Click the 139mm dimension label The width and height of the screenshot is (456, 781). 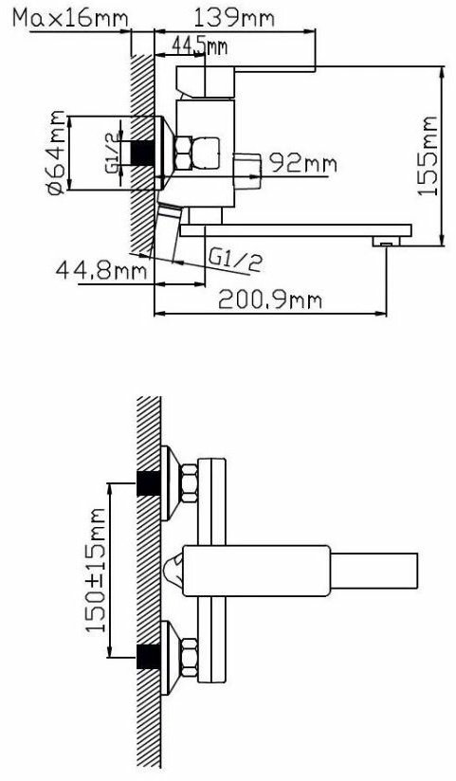pyautogui.click(x=233, y=18)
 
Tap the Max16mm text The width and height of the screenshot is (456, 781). pyautogui.click(x=70, y=18)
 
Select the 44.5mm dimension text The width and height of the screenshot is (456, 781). pyautogui.click(x=199, y=45)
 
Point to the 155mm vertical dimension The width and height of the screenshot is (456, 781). pyautogui.click(x=428, y=155)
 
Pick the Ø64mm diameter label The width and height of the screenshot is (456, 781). pyautogui.click(x=56, y=153)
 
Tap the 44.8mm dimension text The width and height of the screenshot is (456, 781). pyautogui.click(x=101, y=271)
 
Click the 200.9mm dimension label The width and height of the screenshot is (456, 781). pyautogui.click(x=270, y=300)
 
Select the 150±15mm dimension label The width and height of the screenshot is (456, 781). pyautogui.click(x=95, y=570)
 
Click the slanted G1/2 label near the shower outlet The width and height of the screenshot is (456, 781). pyautogui.click(x=235, y=261)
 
